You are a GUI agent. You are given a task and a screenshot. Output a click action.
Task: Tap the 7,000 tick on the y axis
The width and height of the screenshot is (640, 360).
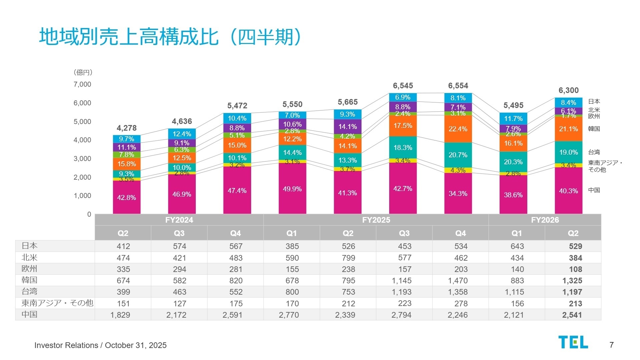click(x=82, y=84)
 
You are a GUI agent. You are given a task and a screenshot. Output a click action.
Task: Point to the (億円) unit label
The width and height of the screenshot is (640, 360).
click(x=83, y=72)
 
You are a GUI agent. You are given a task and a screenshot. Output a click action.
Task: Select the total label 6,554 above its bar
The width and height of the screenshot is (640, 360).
click(x=458, y=86)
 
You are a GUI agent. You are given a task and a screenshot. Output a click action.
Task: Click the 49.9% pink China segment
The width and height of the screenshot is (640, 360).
click(x=292, y=189)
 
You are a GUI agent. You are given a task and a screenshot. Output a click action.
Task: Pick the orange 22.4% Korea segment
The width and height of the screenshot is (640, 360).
click(x=458, y=129)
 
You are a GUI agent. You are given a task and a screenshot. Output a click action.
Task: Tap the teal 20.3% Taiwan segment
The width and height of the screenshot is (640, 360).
click(x=513, y=162)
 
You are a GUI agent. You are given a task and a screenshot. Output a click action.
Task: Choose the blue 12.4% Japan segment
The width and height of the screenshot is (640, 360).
click(x=182, y=134)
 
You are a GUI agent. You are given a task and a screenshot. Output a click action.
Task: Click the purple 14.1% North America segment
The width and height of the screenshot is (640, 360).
click(x=348, y=127)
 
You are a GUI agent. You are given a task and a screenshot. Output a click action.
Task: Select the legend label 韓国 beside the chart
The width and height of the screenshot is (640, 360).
click(x=594, y=129)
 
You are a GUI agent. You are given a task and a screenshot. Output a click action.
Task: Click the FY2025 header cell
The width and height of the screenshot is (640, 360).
click(x=376, y=220)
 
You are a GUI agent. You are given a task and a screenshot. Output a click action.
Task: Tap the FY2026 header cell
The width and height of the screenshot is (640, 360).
click(x=545, y=220)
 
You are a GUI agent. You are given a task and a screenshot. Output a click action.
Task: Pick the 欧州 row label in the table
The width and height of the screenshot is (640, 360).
click(x=29, y=269)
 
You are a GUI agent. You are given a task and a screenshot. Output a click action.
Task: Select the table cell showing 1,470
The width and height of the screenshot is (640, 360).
click(x=458, y=281)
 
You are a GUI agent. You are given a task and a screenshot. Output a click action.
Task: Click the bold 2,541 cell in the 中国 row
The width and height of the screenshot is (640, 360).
click(x=572, y=315)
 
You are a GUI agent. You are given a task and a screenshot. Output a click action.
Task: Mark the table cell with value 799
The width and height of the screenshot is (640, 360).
click(x=348, y=258)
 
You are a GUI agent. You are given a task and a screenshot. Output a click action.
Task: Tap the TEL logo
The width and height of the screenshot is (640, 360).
click(x=573, y=342)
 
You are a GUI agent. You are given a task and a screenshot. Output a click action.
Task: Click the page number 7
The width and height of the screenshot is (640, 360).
click(x=611, y=345)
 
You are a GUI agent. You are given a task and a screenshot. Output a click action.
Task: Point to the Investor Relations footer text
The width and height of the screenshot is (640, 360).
click(x=100, y=345)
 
